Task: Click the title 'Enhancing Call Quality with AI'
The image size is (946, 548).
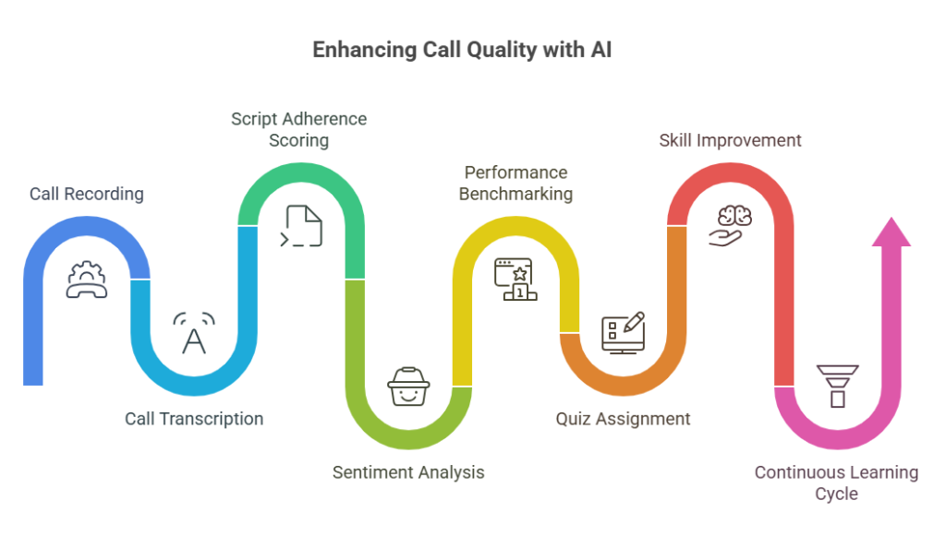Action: [x=462, y=50]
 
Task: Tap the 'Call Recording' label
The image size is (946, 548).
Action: [x=87, y=194]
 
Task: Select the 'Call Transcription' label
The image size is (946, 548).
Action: [x=194, y=419]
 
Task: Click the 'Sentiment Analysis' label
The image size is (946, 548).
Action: [x=408, y=472]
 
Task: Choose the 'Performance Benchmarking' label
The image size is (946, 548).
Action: [x=515, y=183]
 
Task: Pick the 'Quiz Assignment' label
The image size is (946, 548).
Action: [x=623, y=419]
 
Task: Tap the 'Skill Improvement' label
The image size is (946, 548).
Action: [x=730, y=140]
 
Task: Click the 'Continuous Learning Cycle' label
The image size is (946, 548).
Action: [x=836, y=482]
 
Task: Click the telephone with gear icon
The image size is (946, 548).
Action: [x=87, y=279]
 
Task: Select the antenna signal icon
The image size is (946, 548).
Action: [x=194, y=334]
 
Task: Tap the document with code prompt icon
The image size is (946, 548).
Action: [x=301, y=227]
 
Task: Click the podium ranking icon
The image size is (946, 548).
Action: [x=515, y=279]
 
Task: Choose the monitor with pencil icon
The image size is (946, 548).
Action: [x=623, y=334]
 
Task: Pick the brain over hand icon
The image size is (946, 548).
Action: [x=730, y=225]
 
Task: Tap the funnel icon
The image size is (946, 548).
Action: [x=837, y=386]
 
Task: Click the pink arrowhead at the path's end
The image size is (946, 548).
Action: [x=891, y=232]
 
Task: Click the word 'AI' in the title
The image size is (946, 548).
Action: [x=600, y=50]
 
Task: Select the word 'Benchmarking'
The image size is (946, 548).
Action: [x=515, y=194]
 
